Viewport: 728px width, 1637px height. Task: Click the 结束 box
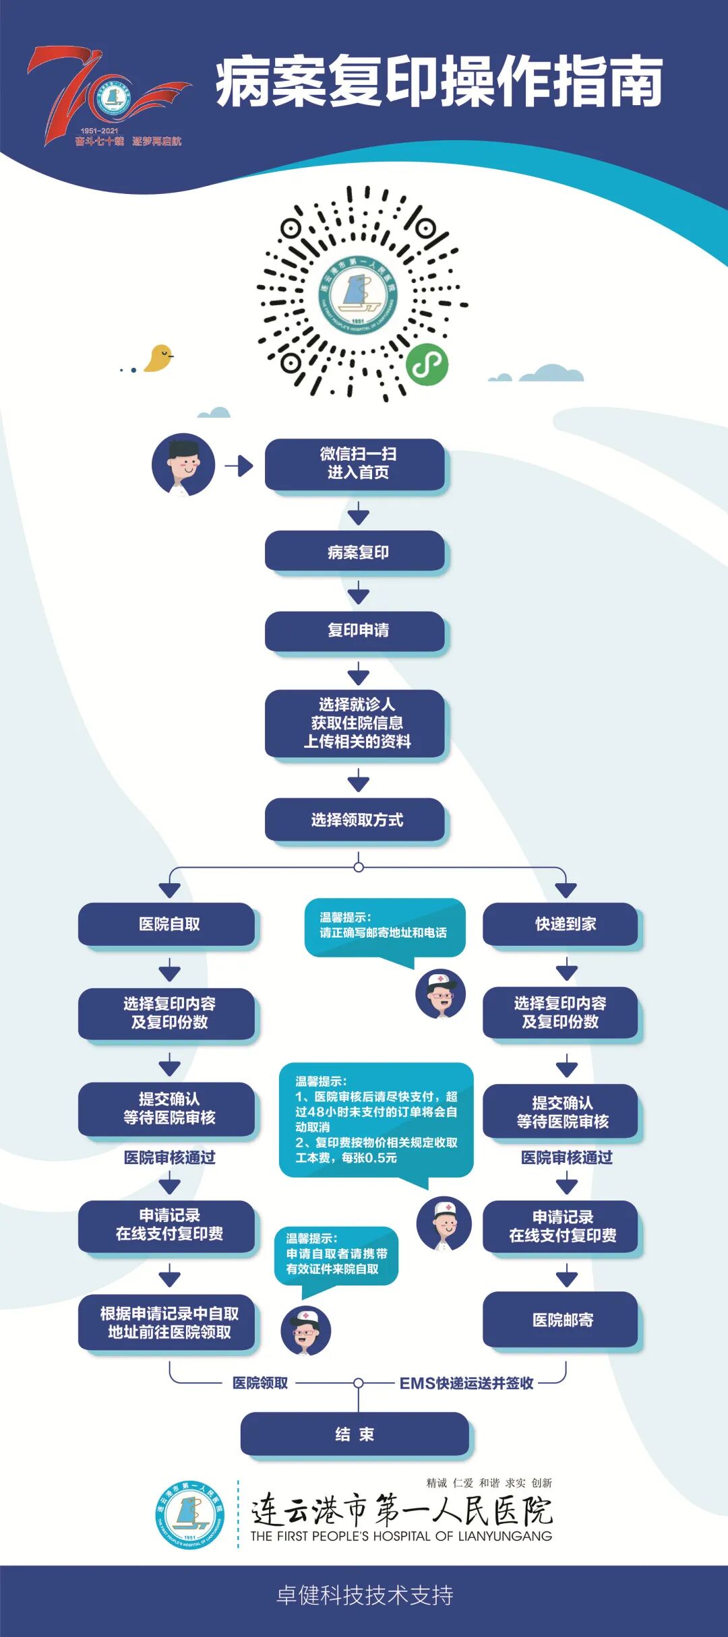[x=355, y=1434]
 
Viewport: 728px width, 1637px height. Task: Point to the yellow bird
[x=159, y=358]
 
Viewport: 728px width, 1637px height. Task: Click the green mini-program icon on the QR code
[x=427, y=364]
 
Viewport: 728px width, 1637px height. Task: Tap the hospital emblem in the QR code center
[x=357, y=294]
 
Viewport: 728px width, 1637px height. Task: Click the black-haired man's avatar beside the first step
[x=183, y=465]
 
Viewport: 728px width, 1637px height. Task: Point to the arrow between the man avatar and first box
[x=239, y=466]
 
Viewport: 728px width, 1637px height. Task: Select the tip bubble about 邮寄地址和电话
[x=384, y=926]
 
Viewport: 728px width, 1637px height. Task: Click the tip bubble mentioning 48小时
[x=376, y=1120]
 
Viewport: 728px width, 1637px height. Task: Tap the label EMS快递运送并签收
[x=466, y=1383]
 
